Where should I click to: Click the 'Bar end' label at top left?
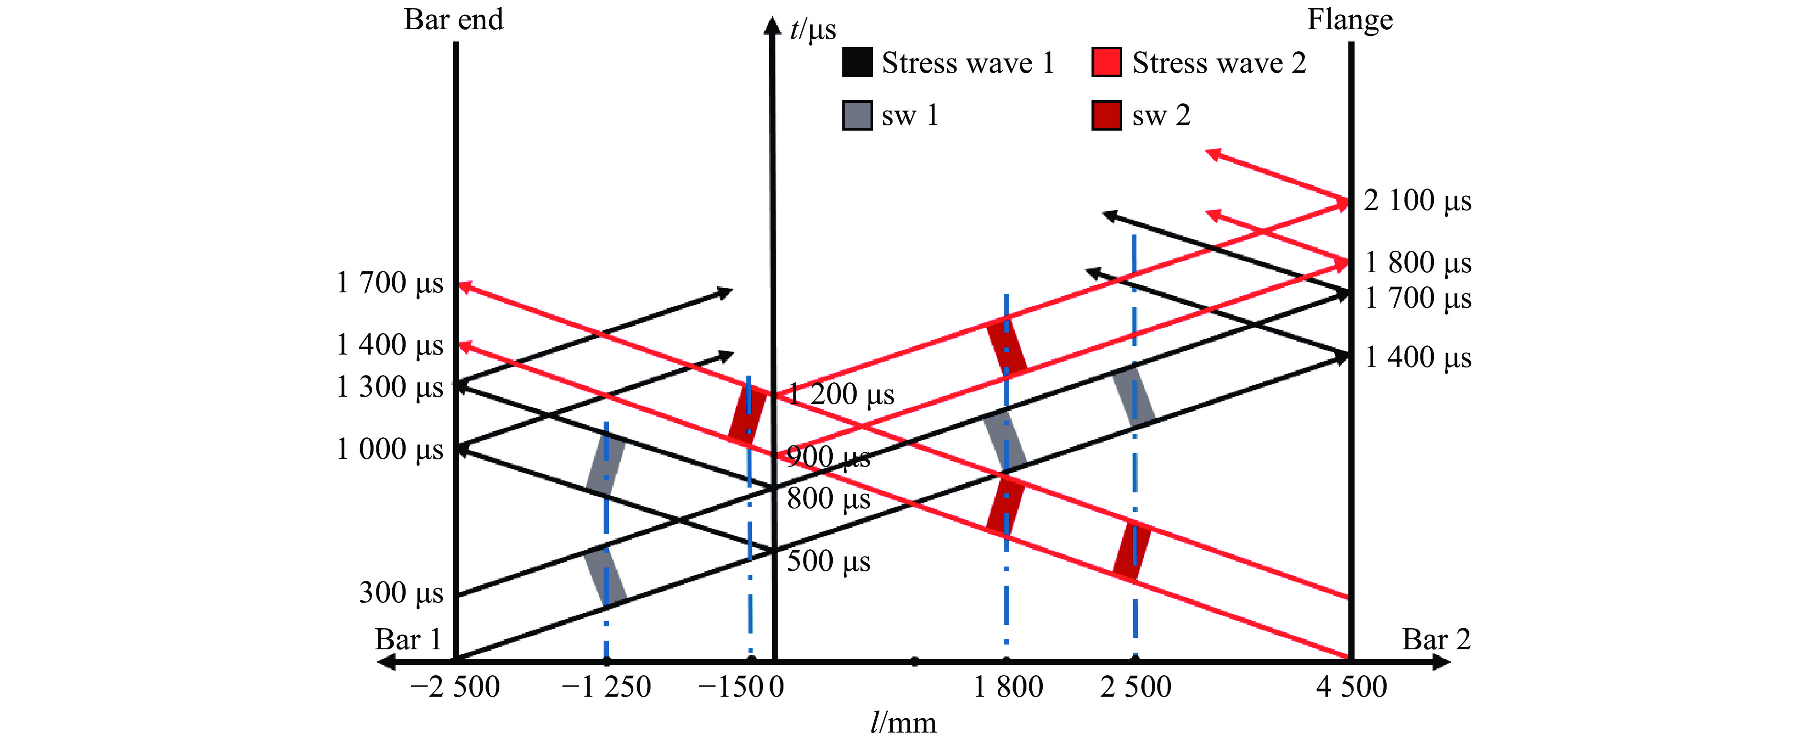[453, 20]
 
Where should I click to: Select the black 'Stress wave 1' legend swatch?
[857, 63]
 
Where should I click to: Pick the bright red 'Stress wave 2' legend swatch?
[1106, 63]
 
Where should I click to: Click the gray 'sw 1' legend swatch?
[857, 115]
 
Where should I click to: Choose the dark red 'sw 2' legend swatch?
[1106, 115]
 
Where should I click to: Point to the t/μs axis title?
[813, 30]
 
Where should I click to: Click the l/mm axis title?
[904, 723]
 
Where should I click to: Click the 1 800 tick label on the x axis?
[1008, 687]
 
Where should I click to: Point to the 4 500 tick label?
[1351, 687]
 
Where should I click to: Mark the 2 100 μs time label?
[1417, 201]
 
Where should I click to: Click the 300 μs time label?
[401, 593]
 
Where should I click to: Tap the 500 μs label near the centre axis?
[828, 562]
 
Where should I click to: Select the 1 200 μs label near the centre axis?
[841, 395]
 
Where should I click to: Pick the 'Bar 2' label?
[1436, 640]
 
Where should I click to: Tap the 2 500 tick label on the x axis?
[1136, 687]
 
